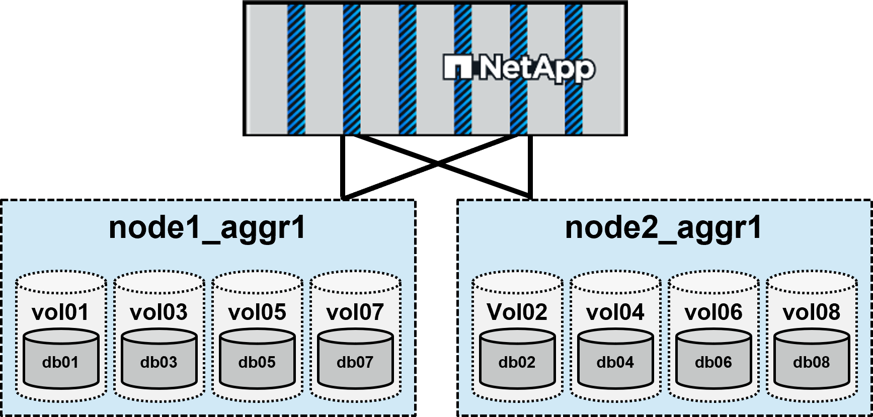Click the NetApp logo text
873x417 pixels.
(535, 68)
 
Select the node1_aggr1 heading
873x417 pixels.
(207, 228)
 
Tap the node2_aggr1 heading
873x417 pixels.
(664, 228)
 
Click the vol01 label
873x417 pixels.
(60, 312)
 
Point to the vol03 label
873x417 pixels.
(158, 312)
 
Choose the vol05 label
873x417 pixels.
(257, 312)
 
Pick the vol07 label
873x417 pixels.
(355, 312)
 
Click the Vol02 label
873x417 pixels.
(517, 312)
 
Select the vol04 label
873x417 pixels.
(615, 312)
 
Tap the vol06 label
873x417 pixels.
(713, 312)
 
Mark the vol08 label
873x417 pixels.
(812, 312)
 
